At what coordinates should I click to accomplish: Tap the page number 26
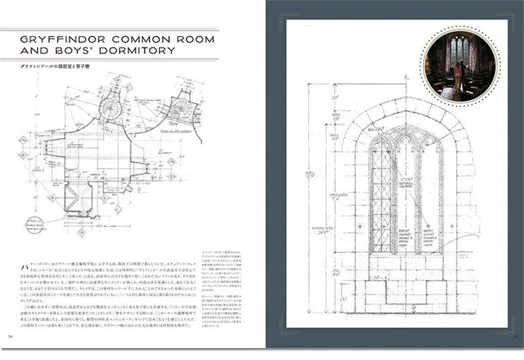click(x=10, y=337)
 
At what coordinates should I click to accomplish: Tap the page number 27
click(x=516, y=337)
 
